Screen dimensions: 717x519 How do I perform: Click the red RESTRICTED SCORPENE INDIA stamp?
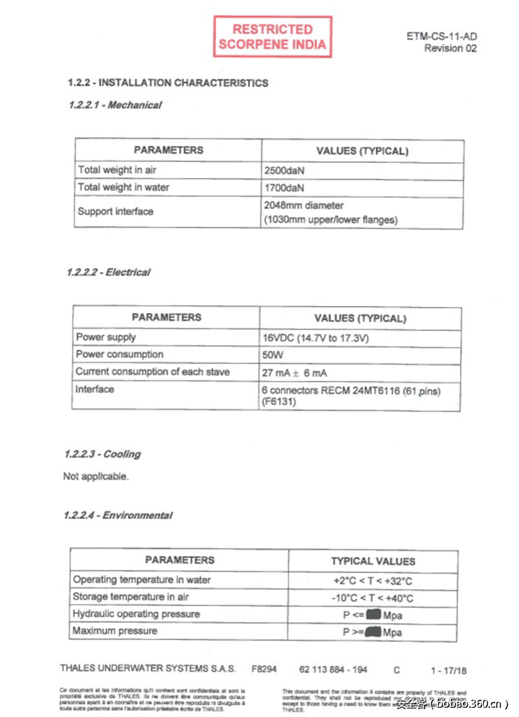click(x=272, y=37)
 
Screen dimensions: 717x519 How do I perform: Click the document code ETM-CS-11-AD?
click(x=441, y=37)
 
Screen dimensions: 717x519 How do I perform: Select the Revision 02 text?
click(x=450, y=48)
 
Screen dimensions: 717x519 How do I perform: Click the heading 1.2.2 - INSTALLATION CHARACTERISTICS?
click(x=167, y=83)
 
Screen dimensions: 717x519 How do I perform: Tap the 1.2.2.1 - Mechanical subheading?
click(x=115, y=105)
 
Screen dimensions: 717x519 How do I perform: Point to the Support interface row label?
click(x=115, y=211)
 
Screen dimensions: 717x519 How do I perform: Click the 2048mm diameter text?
click(x=303, y=205)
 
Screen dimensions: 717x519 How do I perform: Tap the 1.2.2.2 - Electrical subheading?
click(x=108, y=272)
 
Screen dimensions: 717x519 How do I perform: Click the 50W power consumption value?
click(x=273, y=355)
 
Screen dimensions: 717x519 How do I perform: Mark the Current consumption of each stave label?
click(x=153, y=372)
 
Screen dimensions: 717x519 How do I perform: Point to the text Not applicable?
click(x=96, y=476)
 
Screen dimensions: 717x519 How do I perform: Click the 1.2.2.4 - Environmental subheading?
click(x=119, y=515)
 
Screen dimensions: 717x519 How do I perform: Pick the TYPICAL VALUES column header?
click(x=373, y=561)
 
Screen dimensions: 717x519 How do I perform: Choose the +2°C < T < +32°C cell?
click(x=373, y=580)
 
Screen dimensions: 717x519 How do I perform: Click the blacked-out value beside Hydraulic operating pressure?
click(x=373, y=615)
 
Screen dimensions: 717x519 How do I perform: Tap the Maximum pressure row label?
click(x=115, y=631)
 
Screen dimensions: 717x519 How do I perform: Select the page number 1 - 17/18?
click(x=448, y=669)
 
